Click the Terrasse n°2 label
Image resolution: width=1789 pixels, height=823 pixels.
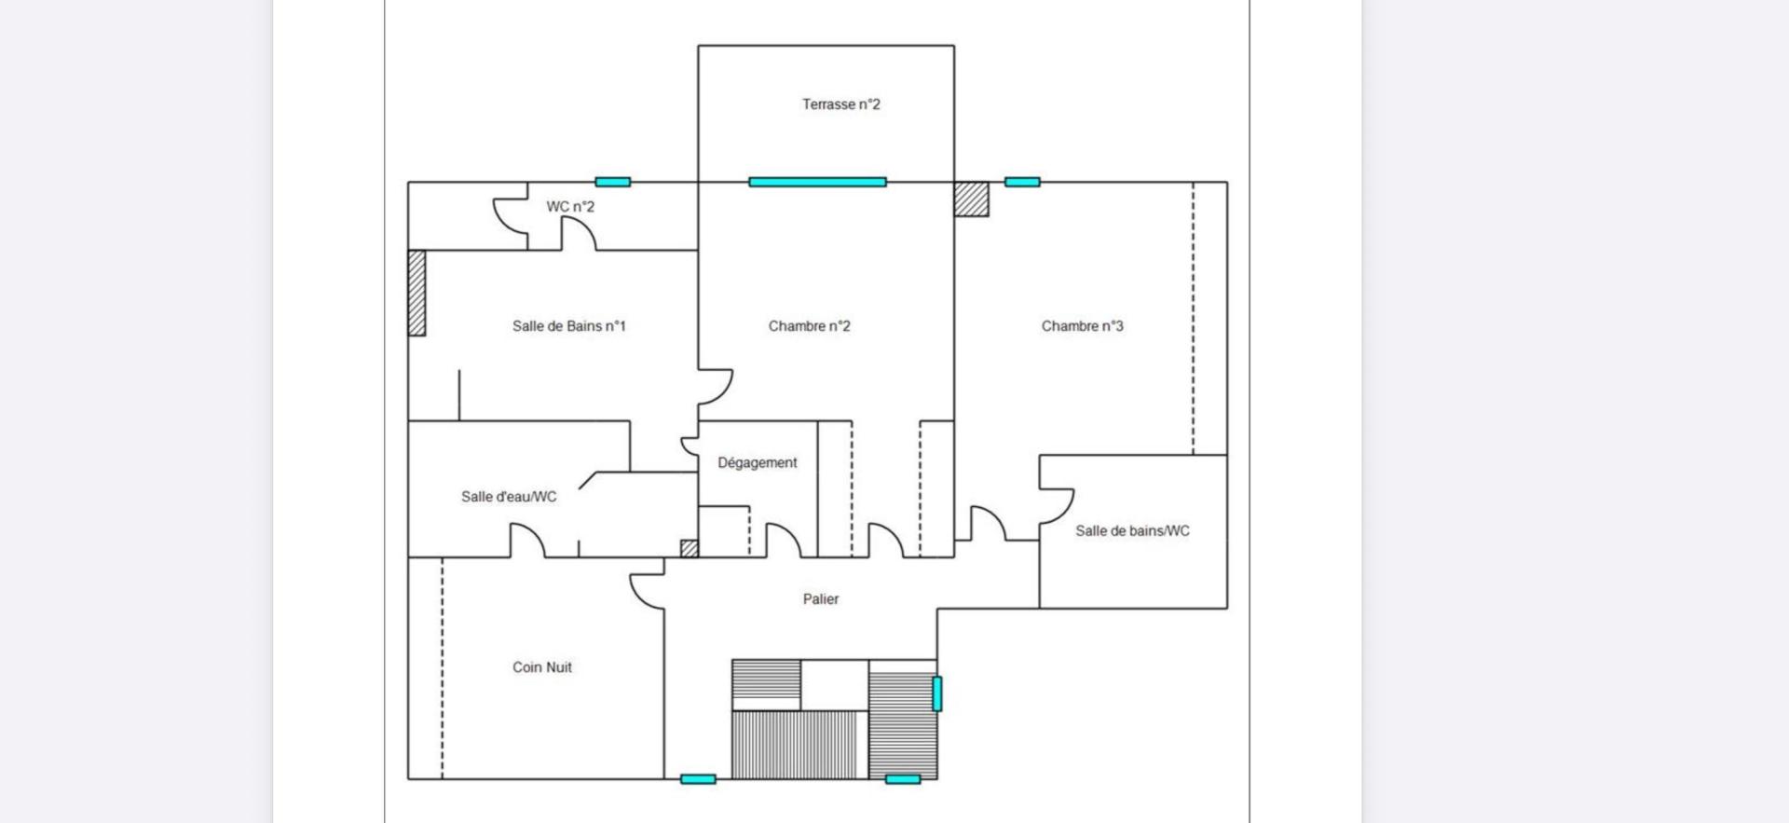click(x=840, y=104)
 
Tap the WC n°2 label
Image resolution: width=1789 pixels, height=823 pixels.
click(x=570, y=207)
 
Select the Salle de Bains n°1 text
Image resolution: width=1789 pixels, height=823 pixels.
click(x=568, y=326)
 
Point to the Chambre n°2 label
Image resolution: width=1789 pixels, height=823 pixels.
click(x=809, y=326)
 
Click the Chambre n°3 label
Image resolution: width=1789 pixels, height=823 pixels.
click(x=1082, y=326)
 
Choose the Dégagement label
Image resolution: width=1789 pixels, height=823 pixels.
click(x=757, y=463)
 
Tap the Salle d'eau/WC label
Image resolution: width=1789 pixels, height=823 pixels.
click(x=509, y=497)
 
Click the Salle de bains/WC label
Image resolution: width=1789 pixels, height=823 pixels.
click(x=1132, y=531)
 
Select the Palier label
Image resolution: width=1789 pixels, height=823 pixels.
click(x=821, y=599)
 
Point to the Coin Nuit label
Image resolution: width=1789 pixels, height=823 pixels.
click(x=541, y=667)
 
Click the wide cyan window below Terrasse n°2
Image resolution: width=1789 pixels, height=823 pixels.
click(x=817, y=182)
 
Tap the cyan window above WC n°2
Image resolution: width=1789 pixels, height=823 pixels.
click(x=613, y=182)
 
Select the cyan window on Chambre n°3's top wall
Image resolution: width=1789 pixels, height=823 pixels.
click(x=1022, y=182)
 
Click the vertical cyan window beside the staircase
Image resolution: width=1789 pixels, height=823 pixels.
click(x=937, y=693)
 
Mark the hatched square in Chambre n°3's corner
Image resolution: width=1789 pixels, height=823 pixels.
click(x=971, y=199)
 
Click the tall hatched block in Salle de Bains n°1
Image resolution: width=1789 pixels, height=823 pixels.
click(x=417, y=293)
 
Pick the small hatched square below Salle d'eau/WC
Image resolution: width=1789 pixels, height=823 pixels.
click(x=690, y=549)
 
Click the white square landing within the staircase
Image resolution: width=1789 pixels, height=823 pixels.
click(x=835, y=685)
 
